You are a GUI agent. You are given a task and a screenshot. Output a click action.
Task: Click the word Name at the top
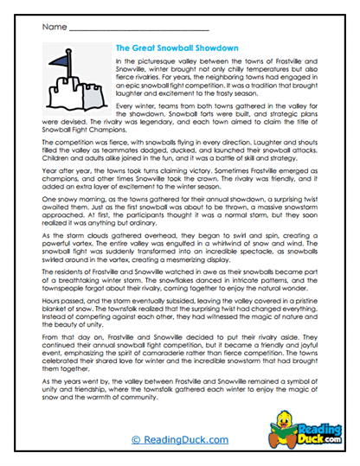coord(49,28)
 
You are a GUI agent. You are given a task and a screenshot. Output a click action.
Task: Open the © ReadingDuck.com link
coord(180,442)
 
